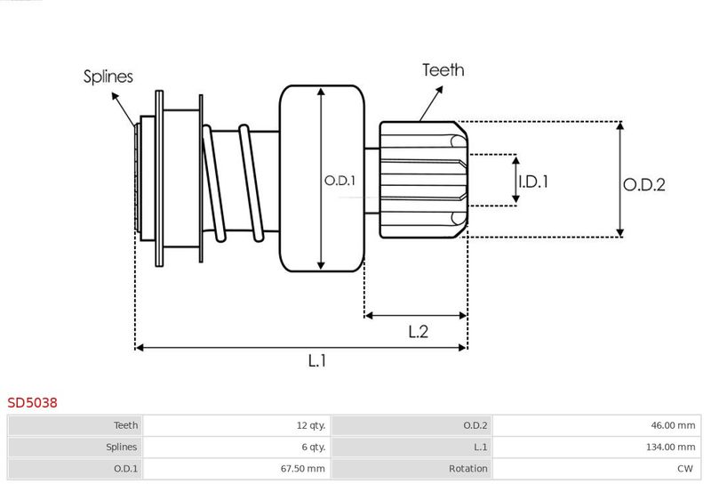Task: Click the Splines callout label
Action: [x=108, y=77]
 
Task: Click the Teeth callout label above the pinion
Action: [x=443, y=70]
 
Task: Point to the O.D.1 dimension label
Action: [x=340, y=181]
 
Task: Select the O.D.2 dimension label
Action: [x=644, y=184]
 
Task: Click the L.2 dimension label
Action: [x=419, y=332]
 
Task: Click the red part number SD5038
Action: [x=33, y=402]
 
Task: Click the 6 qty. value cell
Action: [x=311, y=448]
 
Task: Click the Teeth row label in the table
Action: [x=125, y=426]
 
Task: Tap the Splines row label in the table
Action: [x=121, y=448]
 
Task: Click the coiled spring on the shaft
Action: [x=238, y=182]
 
